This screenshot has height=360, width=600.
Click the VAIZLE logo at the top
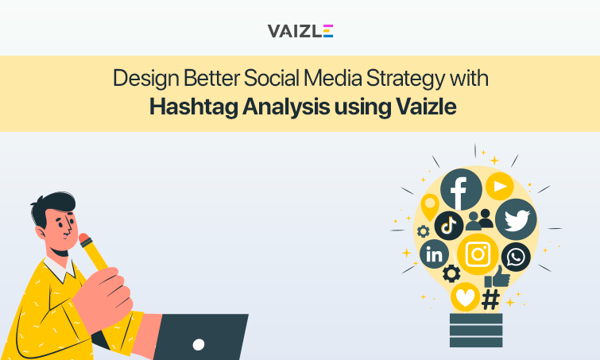point(300,30)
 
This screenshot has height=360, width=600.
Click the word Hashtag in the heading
point(188,106)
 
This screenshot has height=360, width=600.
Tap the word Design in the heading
point(141,79)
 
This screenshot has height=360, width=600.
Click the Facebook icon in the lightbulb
point(461,190)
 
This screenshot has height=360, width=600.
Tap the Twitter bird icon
point(516,220)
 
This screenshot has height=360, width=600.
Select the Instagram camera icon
point(478,254)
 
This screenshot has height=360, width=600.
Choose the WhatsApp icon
point(516,257)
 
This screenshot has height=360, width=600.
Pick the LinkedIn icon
point(435,254)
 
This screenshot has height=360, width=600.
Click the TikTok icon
point(449,225)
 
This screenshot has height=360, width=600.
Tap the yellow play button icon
point(499,186)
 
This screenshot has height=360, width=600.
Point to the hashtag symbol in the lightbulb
point(491,300)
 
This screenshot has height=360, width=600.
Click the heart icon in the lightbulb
point(464,297)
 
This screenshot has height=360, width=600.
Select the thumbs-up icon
point(497,276)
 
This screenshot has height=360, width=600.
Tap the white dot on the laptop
point(199,344)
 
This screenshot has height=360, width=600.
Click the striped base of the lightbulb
point(476,330)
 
